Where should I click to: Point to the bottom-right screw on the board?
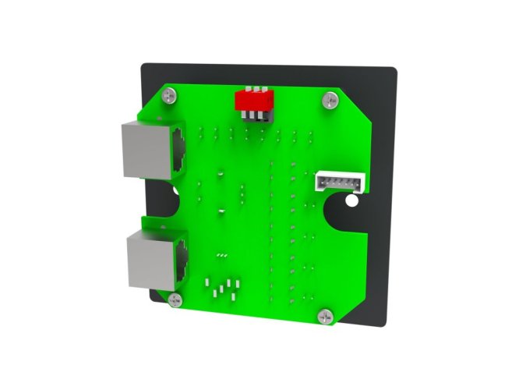pyautogui.click(x=325, y=317)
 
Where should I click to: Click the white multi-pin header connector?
pyautogui.click(x=336, y=182)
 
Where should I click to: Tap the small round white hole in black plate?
pyautogui.click(x=351, y=201)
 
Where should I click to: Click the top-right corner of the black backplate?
pyautogui.click(x=395, y=70)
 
